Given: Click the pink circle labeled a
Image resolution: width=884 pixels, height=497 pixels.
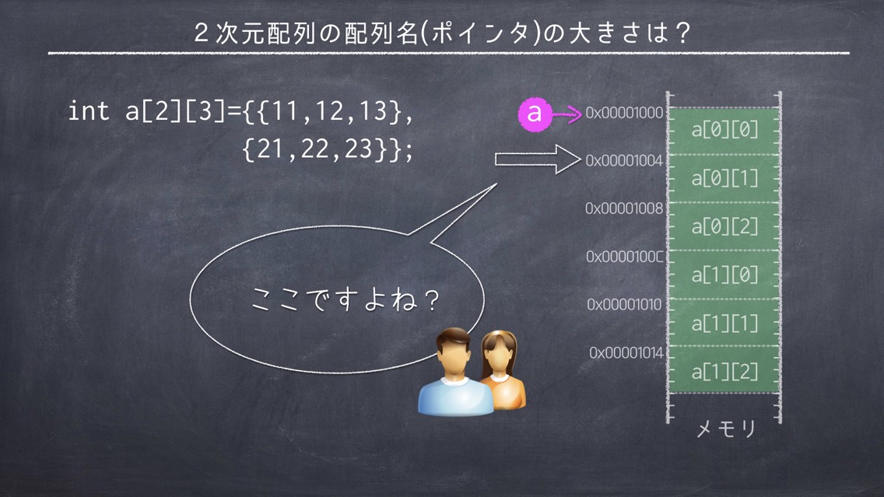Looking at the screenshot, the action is [534, 114].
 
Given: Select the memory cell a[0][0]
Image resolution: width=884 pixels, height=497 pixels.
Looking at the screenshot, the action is [724, 131].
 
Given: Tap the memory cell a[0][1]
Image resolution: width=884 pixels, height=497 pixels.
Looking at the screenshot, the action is [724, 179].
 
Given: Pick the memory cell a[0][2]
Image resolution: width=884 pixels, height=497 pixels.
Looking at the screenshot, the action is [724, 226].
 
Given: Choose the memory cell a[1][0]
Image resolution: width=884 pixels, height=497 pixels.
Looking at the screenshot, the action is [724, 275].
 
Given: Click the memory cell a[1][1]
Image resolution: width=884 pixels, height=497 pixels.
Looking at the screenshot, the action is [724, 323].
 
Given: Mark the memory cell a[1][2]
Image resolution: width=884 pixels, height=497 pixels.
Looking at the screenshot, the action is [724, 371].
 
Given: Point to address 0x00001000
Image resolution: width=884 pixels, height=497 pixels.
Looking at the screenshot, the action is [624, 113].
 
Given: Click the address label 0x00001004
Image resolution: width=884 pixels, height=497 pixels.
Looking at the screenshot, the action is [624, 160].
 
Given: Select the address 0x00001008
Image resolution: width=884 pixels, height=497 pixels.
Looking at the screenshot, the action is [624, 208].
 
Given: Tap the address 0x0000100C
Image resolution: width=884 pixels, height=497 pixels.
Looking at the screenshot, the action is [625, 257].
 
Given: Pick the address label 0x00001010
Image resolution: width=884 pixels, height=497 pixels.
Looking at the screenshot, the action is [624, 305].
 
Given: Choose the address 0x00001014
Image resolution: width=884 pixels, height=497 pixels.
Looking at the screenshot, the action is [626, 353].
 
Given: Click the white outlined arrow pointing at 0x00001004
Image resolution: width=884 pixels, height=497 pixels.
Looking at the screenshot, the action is [538, 159].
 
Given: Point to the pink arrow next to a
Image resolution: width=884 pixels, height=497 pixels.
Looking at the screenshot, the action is [567, 114].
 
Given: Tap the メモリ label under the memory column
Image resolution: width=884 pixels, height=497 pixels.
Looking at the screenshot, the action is [725, 429].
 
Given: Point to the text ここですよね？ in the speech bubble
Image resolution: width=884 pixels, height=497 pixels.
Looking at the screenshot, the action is [346, 299].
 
